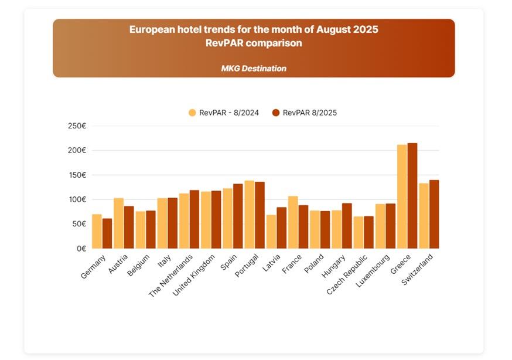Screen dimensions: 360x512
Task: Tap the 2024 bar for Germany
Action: coord(97,232)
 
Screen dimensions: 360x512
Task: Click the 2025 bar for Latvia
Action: coord(281,228)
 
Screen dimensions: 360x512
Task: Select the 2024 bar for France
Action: coord(293,222)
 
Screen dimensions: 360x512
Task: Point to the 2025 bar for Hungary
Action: coord(347,226)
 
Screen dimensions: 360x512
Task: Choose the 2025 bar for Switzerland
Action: coord(434,214)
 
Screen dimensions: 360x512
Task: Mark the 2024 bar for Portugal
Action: coord(250,215)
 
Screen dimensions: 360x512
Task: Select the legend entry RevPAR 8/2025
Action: coord(305,113)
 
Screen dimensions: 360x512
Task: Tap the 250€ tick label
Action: coord(77,126)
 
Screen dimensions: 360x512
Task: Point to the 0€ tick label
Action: coord(81,249)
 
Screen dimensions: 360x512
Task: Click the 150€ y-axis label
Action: coord(77,175)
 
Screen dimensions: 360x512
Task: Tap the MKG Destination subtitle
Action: coord(254,69)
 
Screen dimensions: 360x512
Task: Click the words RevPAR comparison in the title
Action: coord(254,43)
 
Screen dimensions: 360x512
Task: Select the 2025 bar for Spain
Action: coord(238,216)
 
